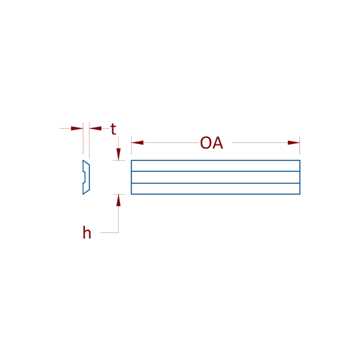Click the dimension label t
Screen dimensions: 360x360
tap(113, 129)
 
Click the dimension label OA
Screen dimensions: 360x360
tap(211, 143)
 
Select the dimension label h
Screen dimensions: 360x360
tap(87, 232)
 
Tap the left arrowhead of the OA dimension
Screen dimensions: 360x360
tap(137, 143)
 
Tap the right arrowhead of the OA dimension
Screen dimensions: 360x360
tap(294, 143)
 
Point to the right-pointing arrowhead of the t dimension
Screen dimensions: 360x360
tap(77, 128)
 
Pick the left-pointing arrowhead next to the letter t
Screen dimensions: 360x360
tap(95, 128)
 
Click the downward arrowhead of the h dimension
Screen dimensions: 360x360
tap(119, 154)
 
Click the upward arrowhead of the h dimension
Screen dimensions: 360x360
tap(119, 200)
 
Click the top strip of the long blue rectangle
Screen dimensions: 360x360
tap(215, 166)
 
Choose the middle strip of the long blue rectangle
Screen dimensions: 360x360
tap(215, 177)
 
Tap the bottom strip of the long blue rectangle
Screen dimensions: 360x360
tap(215, 189)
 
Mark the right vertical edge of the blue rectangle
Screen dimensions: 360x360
tap(300, 177)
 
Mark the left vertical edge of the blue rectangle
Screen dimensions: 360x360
tap(131, 177)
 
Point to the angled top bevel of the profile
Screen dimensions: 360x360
tap(86, 163)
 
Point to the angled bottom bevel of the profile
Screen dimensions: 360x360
tap(86, 192)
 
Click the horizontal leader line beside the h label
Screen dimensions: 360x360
tap(110, 232)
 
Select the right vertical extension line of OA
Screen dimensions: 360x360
tap(300, 146)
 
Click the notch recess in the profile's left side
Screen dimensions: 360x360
tap(84, 177)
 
